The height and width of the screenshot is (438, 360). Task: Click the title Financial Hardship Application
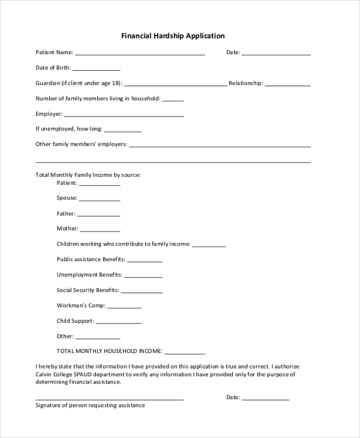point(173,36)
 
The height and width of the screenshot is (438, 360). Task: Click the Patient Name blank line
point(140,54)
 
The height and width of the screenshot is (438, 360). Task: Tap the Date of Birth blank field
point(96,70)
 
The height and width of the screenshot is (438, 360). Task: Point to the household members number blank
point(173,100)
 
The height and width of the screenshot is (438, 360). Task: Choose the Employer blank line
point(124,115)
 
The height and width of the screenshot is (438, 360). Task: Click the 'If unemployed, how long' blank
point(122,130)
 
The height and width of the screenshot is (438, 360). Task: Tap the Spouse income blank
point(100,200)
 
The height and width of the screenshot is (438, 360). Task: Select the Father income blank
point(98,215)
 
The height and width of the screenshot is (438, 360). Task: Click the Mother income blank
point(100,230)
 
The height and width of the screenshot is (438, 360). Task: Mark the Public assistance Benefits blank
point(145,261)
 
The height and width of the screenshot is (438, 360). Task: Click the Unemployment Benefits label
point(89,275)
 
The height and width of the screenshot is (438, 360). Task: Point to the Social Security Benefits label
point(88,290)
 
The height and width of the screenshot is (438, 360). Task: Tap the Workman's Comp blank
point(124,307)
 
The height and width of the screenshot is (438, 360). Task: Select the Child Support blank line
point(119,323)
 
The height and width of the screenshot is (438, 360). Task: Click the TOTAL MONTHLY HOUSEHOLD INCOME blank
point(184,353)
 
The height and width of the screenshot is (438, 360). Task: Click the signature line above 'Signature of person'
point(109,399)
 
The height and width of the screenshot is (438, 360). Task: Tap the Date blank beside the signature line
point(266,399)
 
